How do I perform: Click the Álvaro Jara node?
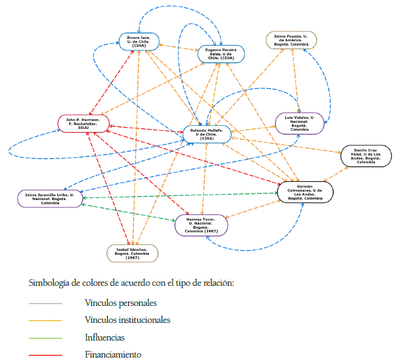[139, 41]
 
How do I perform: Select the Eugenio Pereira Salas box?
[221, 54]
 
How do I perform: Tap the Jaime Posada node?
[291, 40]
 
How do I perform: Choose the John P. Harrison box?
[84, 123]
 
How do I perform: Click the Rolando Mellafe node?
[207, 134]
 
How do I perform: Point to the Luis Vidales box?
[300, 123]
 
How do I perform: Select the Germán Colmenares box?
[305, 192]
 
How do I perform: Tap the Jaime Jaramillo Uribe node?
[50, 198]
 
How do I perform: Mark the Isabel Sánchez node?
[133, 253]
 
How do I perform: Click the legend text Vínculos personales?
[121, 303]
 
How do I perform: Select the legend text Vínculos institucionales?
[128, 320]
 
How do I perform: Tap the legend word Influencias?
[105, 337]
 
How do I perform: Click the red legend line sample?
[46, 355]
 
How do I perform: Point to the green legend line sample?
[46, 337]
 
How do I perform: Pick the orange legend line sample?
[46, 320]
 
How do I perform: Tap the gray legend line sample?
[46, 303]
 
